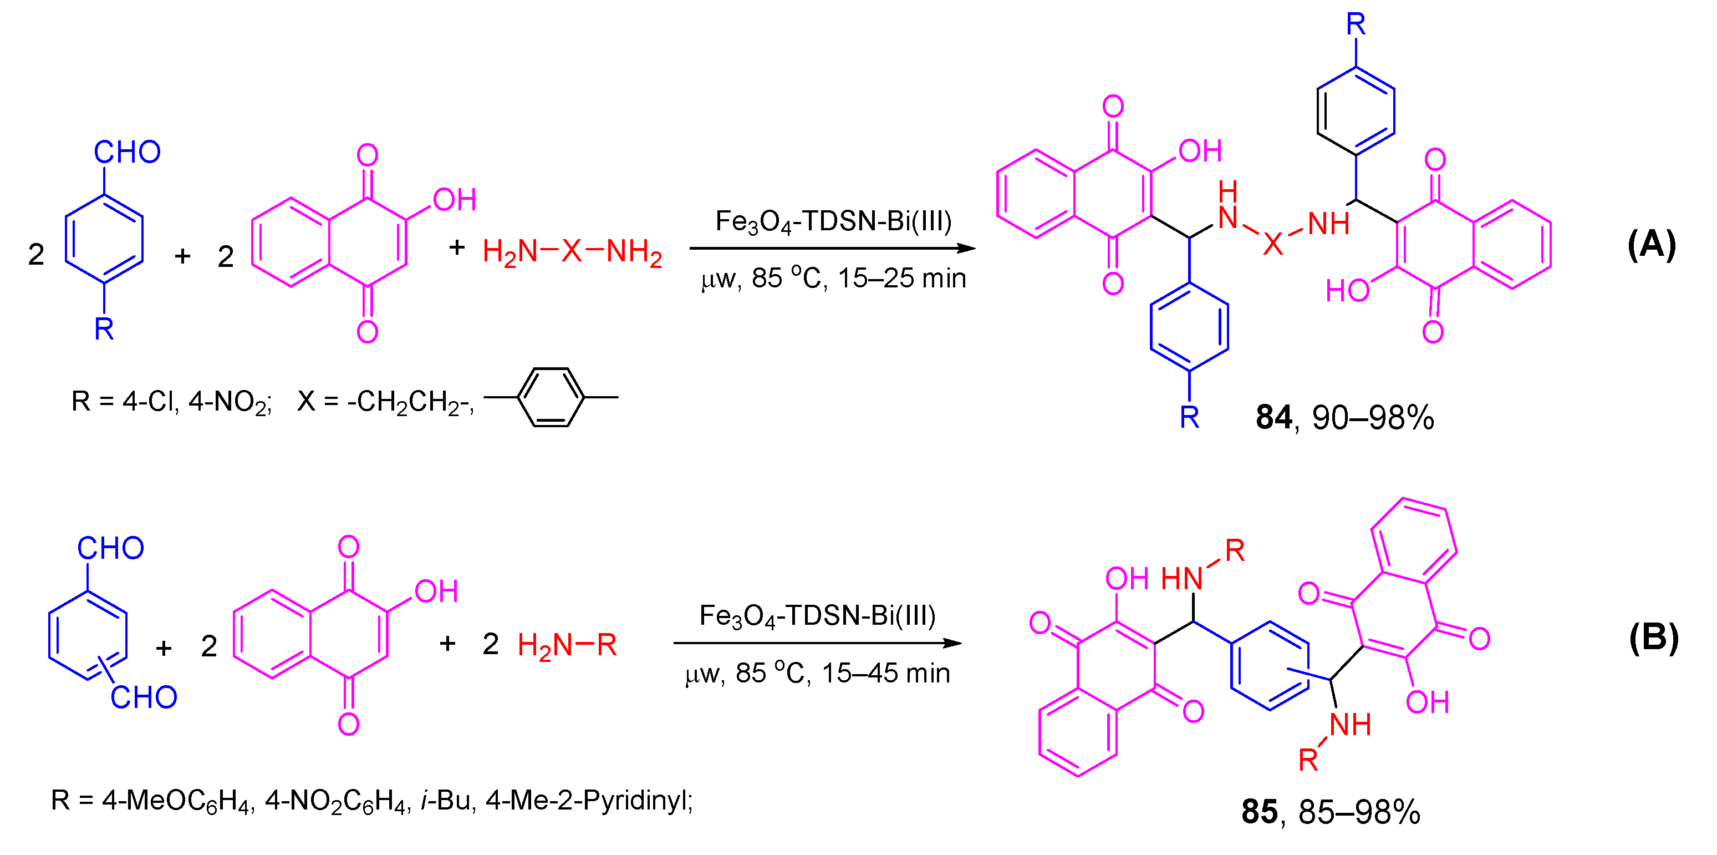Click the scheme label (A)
1651,245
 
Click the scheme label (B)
1653,638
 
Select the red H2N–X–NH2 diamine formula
572,252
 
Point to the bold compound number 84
1273,417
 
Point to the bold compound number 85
1259,812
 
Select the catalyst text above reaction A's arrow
833,221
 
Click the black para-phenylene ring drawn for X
551,397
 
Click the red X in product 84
1272,244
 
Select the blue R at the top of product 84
1356,24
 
